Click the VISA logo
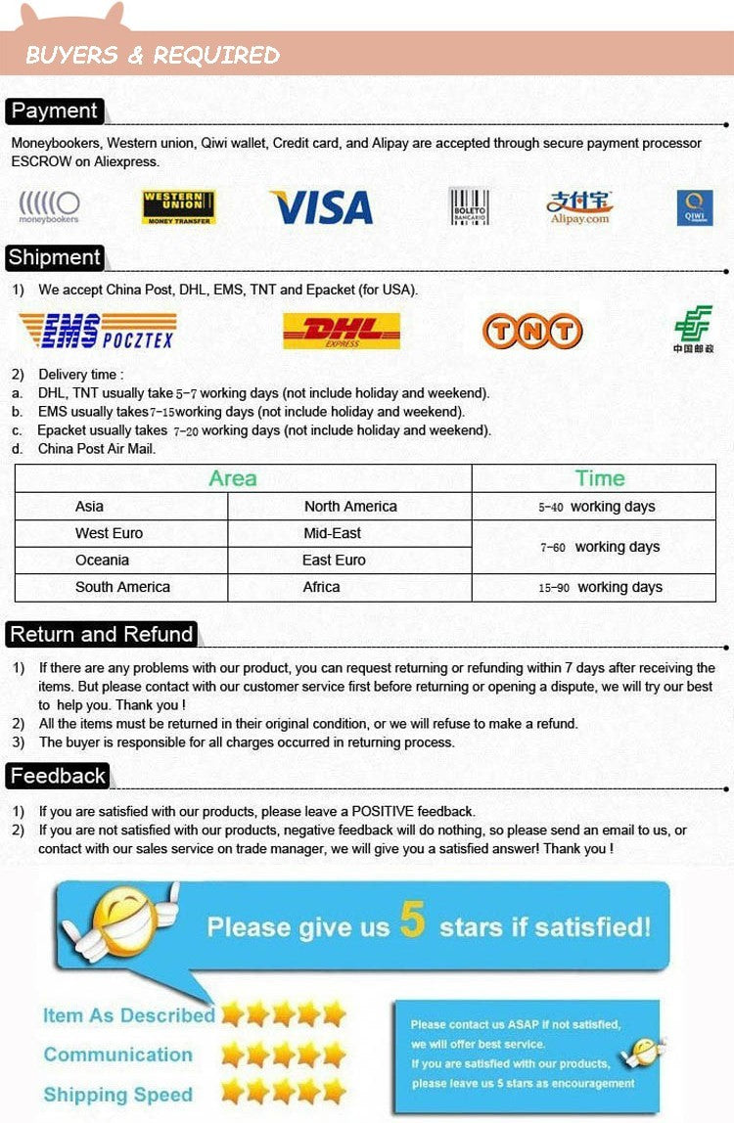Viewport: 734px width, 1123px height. pyautogui.click(x=322, y=207)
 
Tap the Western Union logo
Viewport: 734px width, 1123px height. pyautogui.click(x=179, y=207)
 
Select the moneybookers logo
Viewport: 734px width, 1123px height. pyautogui.click(x=49, y=207)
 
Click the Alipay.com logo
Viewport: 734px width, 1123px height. pyautogui.click(x=579, y=207)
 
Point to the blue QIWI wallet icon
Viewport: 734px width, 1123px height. pyautogui.click(x=694, y=207)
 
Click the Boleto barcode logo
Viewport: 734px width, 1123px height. pyautogui.click(x=469, y=207)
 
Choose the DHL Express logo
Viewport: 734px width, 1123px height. pyautogui.click(x=342, y=331)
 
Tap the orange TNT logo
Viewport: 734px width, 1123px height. pyautogui.click(x=532, y=332)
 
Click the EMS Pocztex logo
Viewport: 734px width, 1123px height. pyautogui.click(x=98, y=331)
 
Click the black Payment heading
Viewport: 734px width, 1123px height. pyautogui.click(x=55, y=111)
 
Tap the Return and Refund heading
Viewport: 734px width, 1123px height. pyautogui.click(x=102, y=634)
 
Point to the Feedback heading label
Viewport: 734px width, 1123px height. pyautogui.click(x=58, y=776)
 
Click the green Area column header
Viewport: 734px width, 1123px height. pyautogui.click(x=233, y=478)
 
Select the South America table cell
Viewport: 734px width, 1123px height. pyautogui.click(x=122, y=587)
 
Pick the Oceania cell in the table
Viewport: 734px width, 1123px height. pyautogui.click(x=102, y=561)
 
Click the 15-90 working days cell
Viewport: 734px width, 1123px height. pyautogui.click(x=600, y=587)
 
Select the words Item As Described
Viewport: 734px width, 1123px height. pyautogui.click(x=128, y=1015)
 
